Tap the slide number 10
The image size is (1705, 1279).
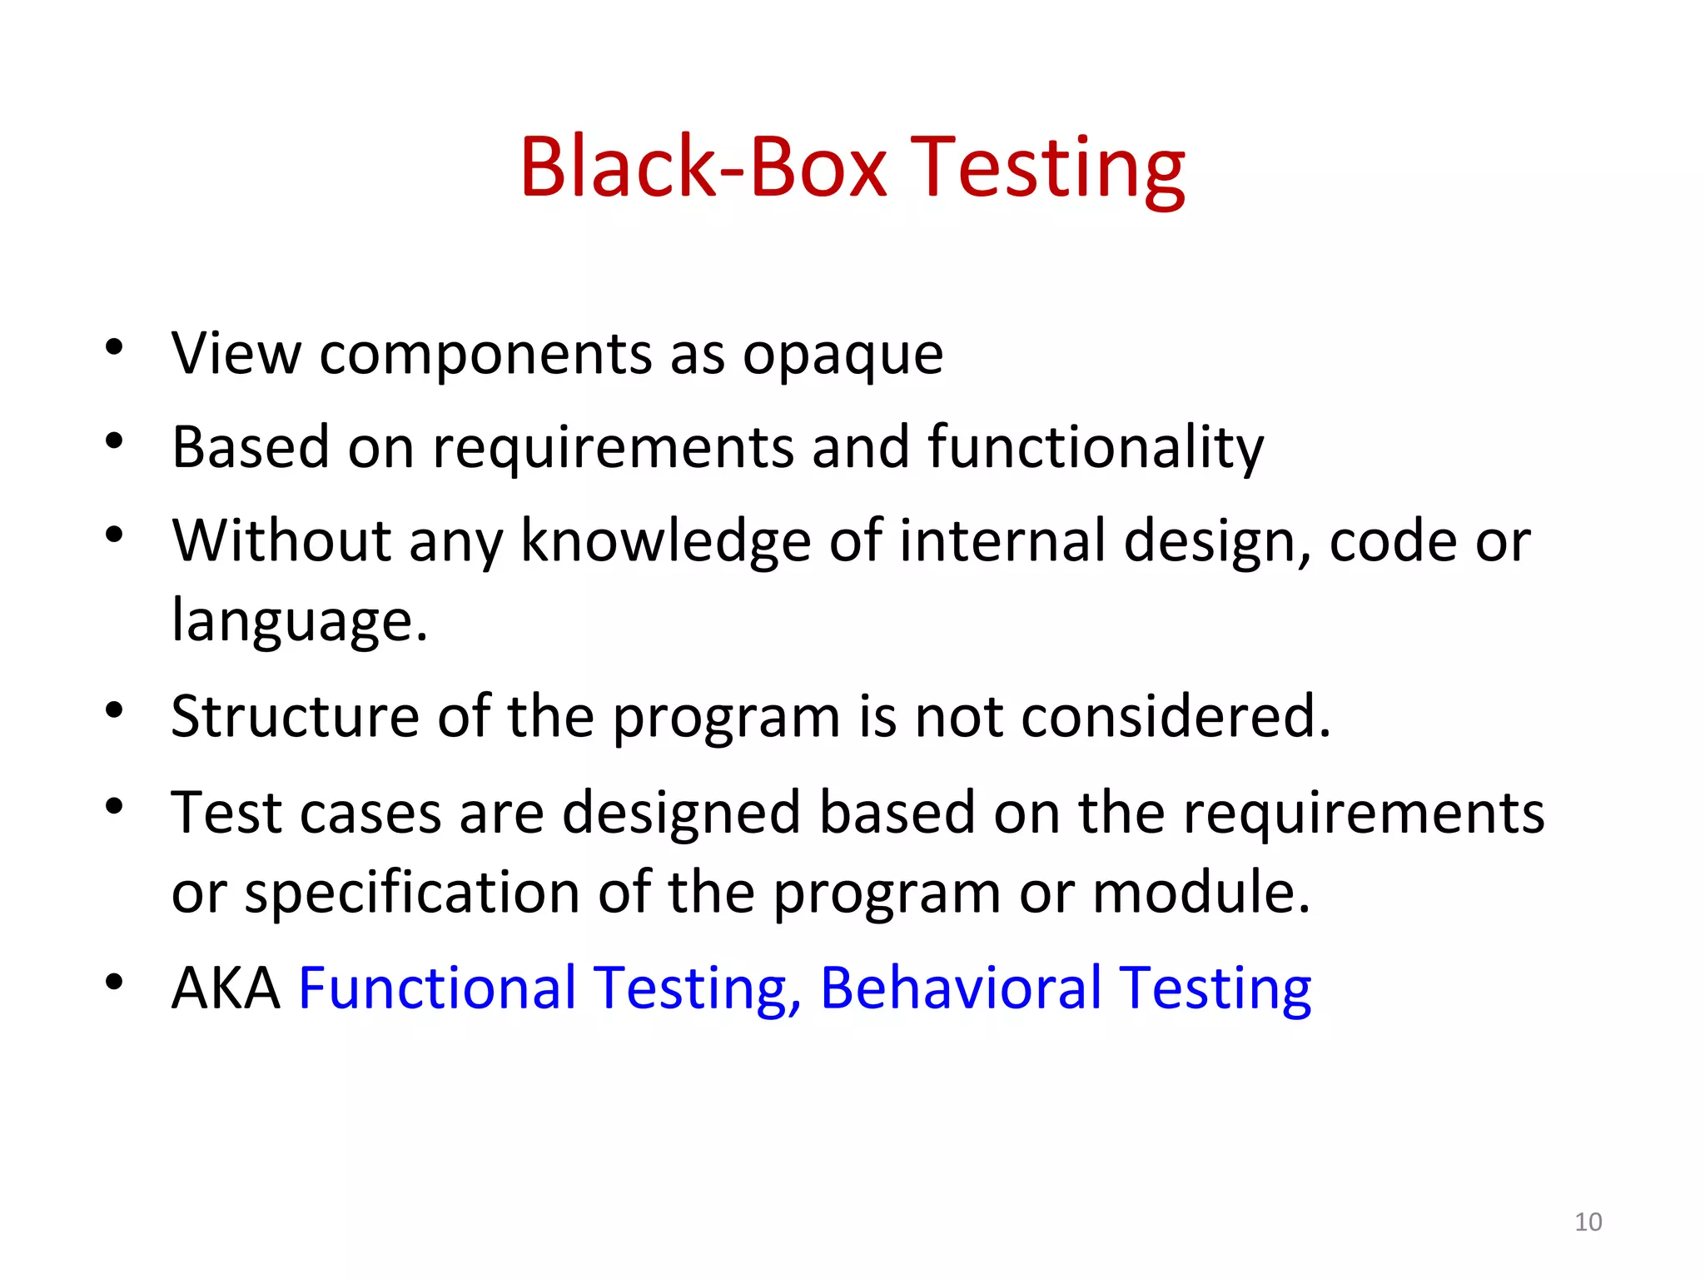click(1588, 1222)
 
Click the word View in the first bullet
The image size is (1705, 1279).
click(236, 354)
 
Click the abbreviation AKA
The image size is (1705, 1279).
click(226, 988)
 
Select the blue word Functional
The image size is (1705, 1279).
click(437, 988)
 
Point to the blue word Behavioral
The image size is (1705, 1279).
click(961, 988)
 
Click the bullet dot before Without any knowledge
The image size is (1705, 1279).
click(114, 535)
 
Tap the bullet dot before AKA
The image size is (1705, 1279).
click(114, 983)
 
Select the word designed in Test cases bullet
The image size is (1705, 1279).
click(681, 814)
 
